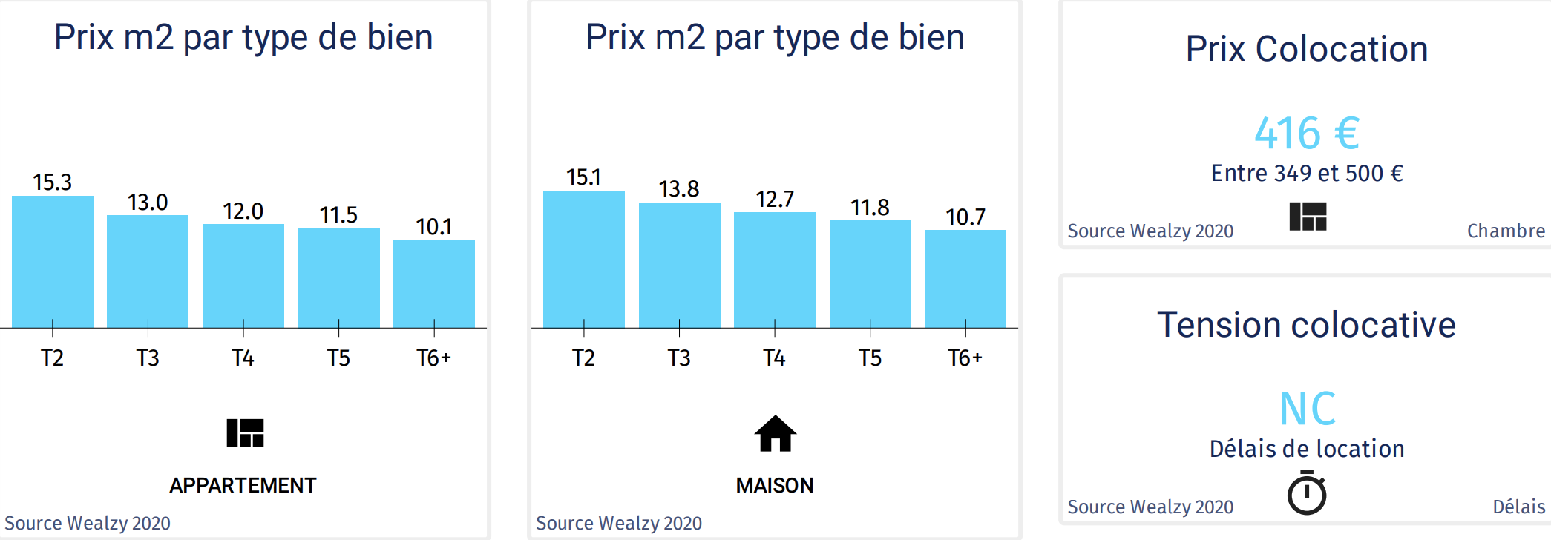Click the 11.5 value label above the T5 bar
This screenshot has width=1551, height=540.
point(338,215)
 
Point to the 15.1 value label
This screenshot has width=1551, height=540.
point(583,177)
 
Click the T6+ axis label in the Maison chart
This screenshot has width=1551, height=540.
point(965,358)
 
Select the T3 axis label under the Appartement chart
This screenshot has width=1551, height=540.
point(148,358)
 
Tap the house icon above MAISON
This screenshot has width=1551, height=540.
point(775,433)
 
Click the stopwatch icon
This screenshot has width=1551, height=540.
point(1307,493)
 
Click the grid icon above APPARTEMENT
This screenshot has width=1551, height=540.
point(245,433)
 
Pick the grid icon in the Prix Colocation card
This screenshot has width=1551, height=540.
point(1308,217)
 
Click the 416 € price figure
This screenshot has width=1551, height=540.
point(1307,134)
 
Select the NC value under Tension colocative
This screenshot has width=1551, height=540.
point(1308,409)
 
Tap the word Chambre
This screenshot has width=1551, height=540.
point(1506,231)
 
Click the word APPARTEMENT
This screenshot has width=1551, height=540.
point(243,485)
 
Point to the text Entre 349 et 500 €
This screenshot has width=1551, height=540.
point(1307,174)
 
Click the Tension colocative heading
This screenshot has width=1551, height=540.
point(1306,325)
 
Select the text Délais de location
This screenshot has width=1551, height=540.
point(1307,449)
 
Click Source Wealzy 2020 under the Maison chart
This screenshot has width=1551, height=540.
point(619,524)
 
